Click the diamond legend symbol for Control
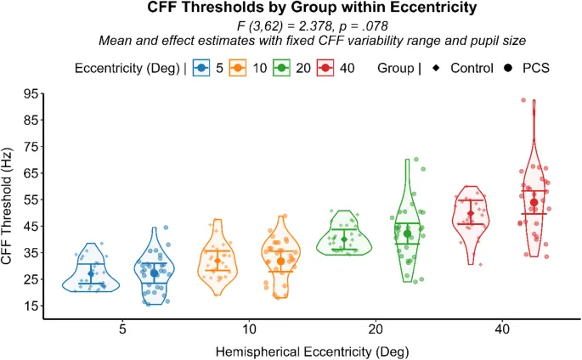435,67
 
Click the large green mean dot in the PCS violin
408,233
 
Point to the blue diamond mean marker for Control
91,273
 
